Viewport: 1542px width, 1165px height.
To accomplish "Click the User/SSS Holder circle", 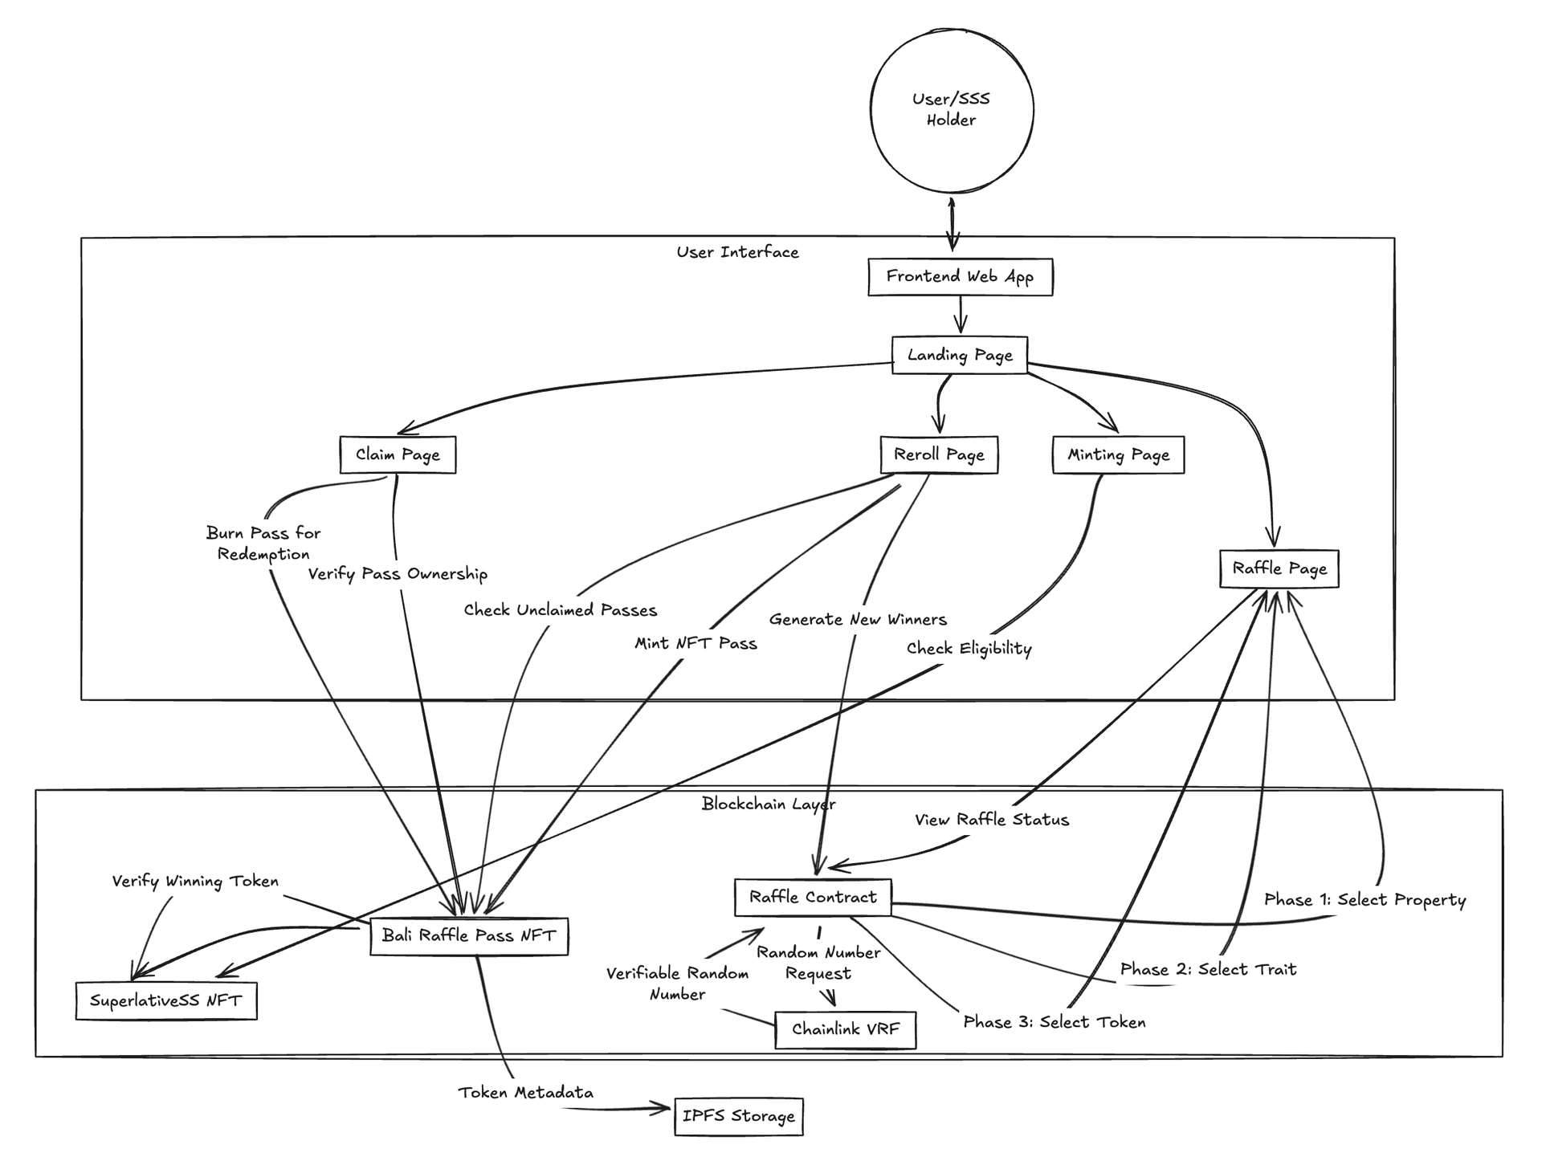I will pos(952,110).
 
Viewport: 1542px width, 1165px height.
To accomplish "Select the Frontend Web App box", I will pos(960,277).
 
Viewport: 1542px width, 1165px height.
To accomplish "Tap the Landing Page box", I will pos(960,355).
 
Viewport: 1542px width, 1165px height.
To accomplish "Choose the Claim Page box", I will pos(398,454).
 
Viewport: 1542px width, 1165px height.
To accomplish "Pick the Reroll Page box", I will pos(939,454).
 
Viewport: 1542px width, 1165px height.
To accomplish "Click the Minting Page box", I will pos(1118,454).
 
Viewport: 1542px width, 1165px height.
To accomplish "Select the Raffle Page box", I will pos(1279,568).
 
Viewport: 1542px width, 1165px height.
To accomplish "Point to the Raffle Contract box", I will pos(813,897).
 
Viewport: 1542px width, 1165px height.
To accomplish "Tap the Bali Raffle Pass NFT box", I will pos(469,935).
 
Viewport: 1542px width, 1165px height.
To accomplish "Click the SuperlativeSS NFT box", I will pos(166,1000).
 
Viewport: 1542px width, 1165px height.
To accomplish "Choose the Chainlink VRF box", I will pos(845,1029).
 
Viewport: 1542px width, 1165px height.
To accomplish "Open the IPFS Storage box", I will pos(738,1116).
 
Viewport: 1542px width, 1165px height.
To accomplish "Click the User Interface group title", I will pos(737,252).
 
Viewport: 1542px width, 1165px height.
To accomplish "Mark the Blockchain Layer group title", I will pos(769,804).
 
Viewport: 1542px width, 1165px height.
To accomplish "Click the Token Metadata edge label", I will pos(526,1093).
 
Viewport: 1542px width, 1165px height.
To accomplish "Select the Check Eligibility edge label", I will pos(969,648).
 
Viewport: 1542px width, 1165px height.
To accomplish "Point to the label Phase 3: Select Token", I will pos(1054,1022).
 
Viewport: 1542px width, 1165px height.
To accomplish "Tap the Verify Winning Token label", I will pos(195,882).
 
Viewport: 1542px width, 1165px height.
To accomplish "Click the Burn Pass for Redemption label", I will pos(263,544).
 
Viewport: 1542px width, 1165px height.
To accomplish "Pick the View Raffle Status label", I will pos(992,820).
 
